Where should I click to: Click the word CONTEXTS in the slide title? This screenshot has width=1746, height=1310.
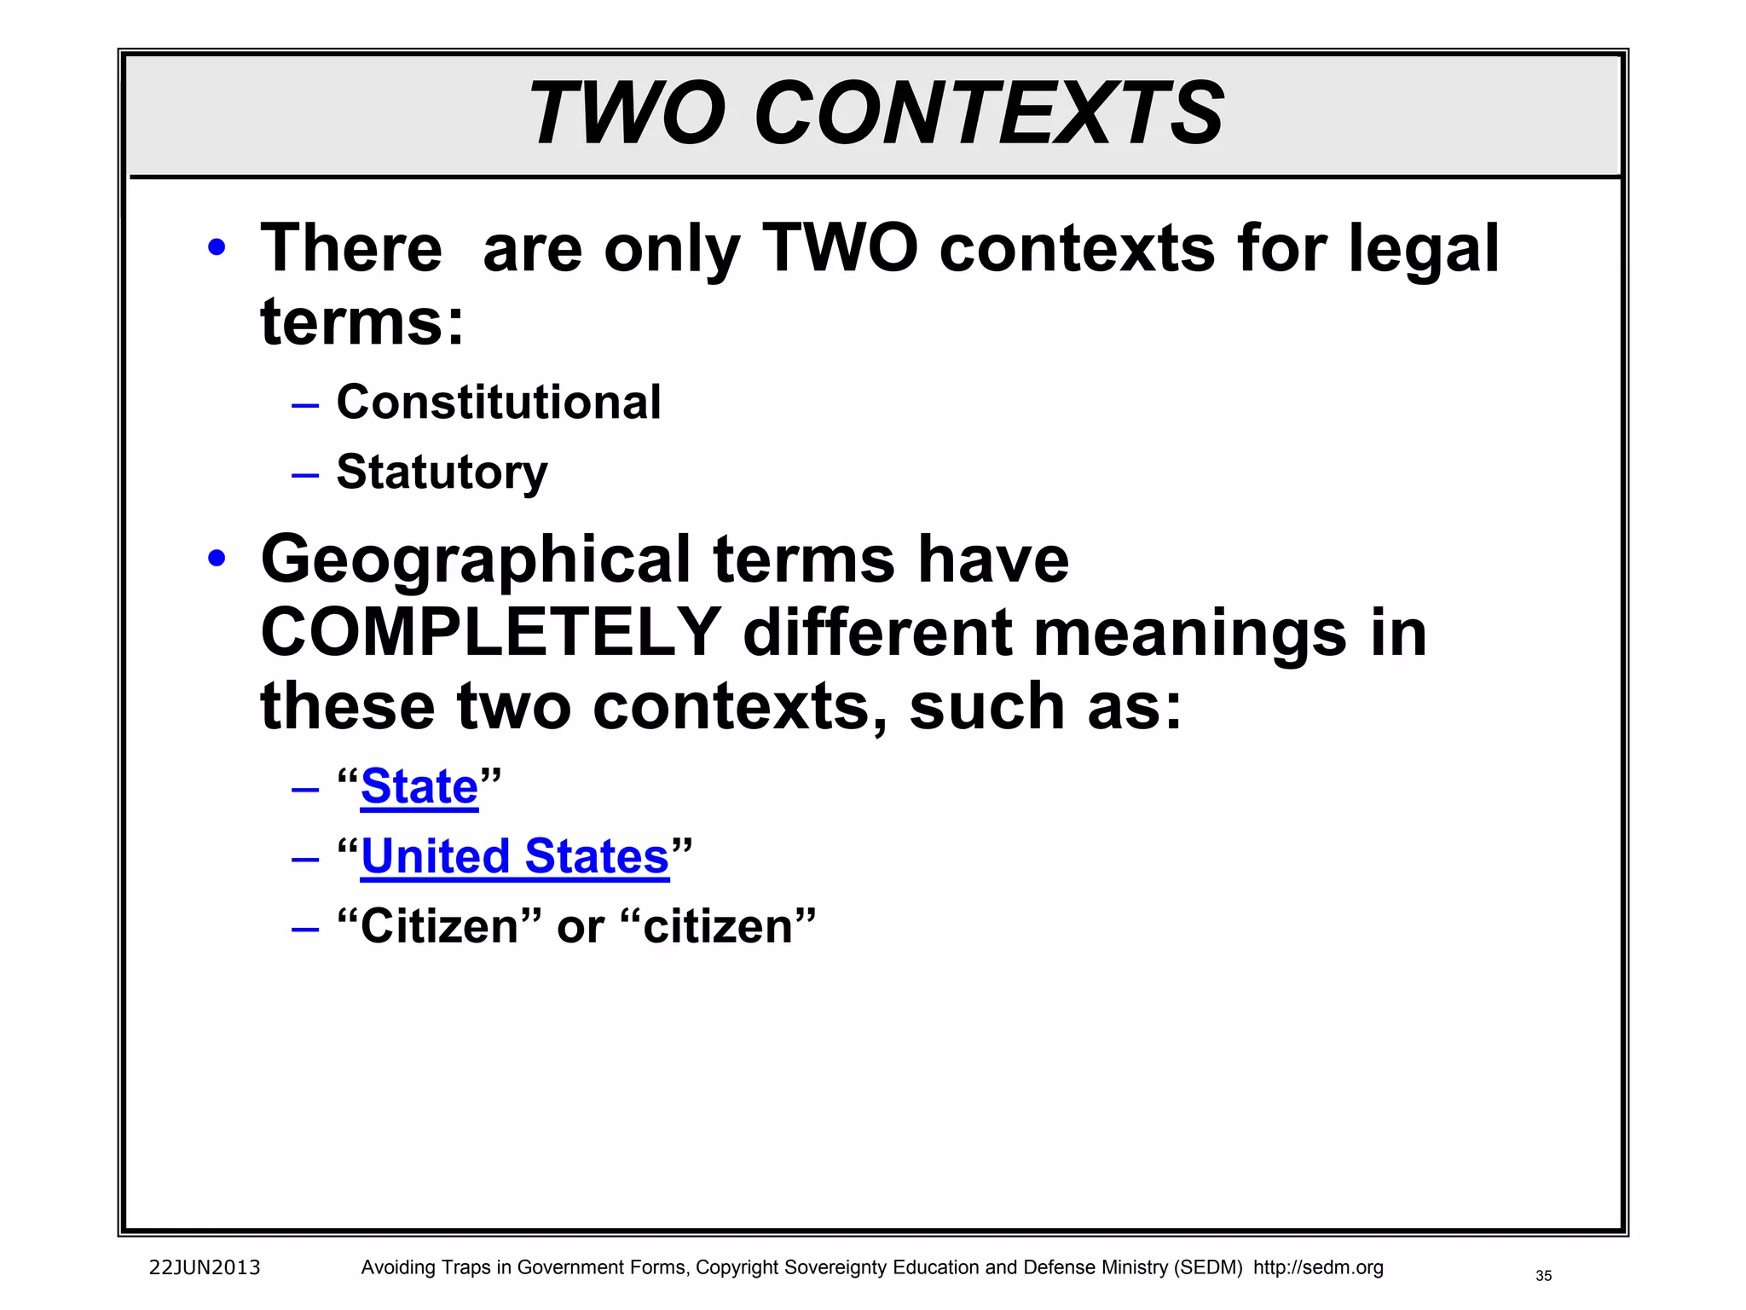989,113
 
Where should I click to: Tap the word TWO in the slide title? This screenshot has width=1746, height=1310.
627,113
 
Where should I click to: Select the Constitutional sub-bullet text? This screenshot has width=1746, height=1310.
499,402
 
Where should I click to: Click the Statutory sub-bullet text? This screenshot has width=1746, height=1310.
442,472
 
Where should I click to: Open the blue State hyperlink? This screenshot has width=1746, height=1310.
419,785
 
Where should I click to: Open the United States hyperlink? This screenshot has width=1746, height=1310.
515,855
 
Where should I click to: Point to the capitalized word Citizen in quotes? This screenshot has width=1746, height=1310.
439,926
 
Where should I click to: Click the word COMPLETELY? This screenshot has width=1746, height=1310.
491,632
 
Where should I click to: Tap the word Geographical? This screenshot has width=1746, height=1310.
476,559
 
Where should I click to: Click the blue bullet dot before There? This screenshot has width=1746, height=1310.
217,248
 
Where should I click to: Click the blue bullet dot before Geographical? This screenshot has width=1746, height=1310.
217,559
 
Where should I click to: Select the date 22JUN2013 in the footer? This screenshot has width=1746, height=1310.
205,1267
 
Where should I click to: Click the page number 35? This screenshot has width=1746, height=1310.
1544,1276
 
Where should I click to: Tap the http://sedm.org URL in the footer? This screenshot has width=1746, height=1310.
1318,1267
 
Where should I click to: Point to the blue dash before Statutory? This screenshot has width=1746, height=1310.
304,474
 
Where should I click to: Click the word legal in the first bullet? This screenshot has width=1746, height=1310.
1424,248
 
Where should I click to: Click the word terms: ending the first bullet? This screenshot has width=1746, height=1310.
362,322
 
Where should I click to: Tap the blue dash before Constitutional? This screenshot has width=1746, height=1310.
304,404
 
